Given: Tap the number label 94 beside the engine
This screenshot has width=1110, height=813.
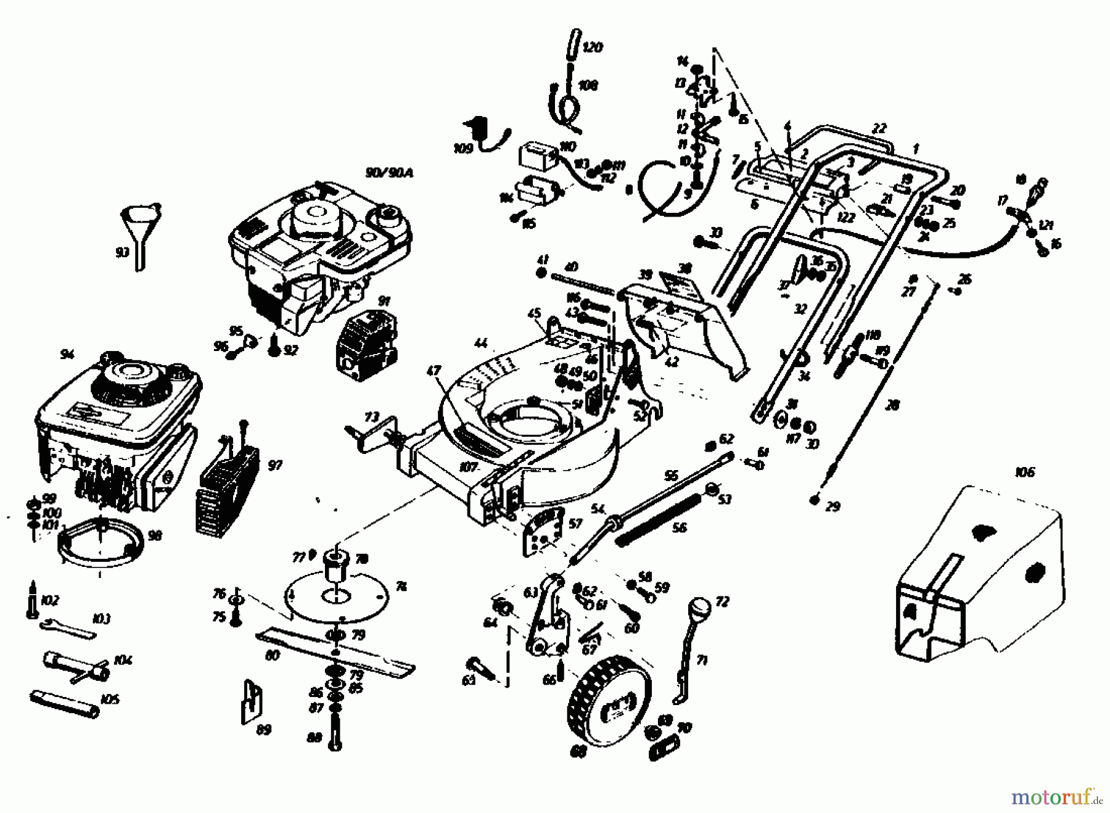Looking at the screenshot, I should coord(67,355).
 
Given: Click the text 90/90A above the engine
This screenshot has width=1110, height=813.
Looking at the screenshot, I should coord(388,173).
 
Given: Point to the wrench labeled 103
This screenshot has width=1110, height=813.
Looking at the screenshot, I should coord(68,629).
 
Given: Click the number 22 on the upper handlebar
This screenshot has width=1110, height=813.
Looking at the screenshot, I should coord(879,128).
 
